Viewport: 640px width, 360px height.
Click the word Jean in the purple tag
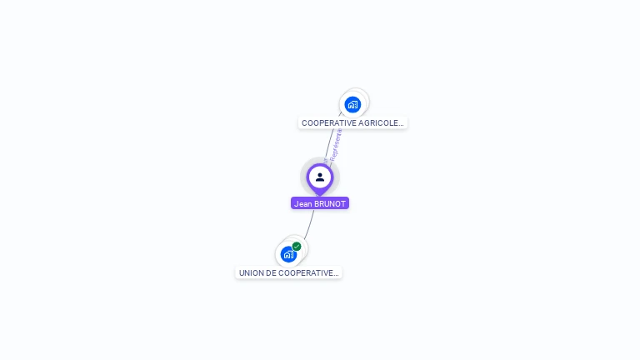[x=302, y=203]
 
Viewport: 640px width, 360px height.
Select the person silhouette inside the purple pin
[x=320, y=177]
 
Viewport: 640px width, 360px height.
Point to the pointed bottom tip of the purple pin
[x=320, y=195]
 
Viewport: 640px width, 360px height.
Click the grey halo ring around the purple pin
[x=305, y=164]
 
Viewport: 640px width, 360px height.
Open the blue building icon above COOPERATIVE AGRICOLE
[x=352, y=105]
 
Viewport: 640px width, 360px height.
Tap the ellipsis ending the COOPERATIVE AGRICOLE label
[x=401, y=123]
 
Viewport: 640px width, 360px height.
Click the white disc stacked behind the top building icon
[x=362, y=96]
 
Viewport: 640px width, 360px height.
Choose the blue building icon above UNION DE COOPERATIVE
[x=287, y=254]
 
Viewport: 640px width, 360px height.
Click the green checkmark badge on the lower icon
[x=297, y=247]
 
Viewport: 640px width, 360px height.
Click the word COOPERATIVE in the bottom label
[x=306, y=273]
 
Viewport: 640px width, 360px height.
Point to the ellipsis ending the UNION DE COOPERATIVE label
[x=336, y=273]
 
